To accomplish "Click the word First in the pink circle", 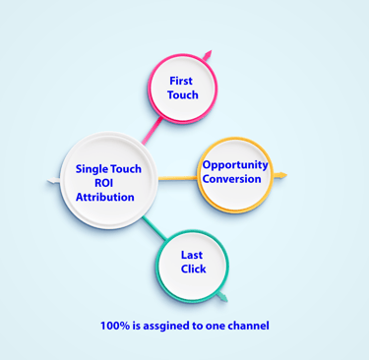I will tap(181, 80).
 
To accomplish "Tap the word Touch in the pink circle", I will tap(183, 95).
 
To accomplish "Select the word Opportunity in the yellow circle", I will tap(235, 165).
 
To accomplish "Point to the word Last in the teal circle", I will tap(192, 255).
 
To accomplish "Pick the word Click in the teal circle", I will tap(193, 269).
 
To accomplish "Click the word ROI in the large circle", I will tap(103, 183).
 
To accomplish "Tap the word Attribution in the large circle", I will tap(105, 197).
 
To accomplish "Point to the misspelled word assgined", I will tap(169, 326).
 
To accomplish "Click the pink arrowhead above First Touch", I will tap(207, 54).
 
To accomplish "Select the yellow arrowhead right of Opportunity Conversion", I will tap(281, 176).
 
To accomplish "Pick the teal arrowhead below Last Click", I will tap(222, 296).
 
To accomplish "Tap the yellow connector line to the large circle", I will tap(177, 179).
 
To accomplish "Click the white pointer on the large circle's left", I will tap(52, 182).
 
